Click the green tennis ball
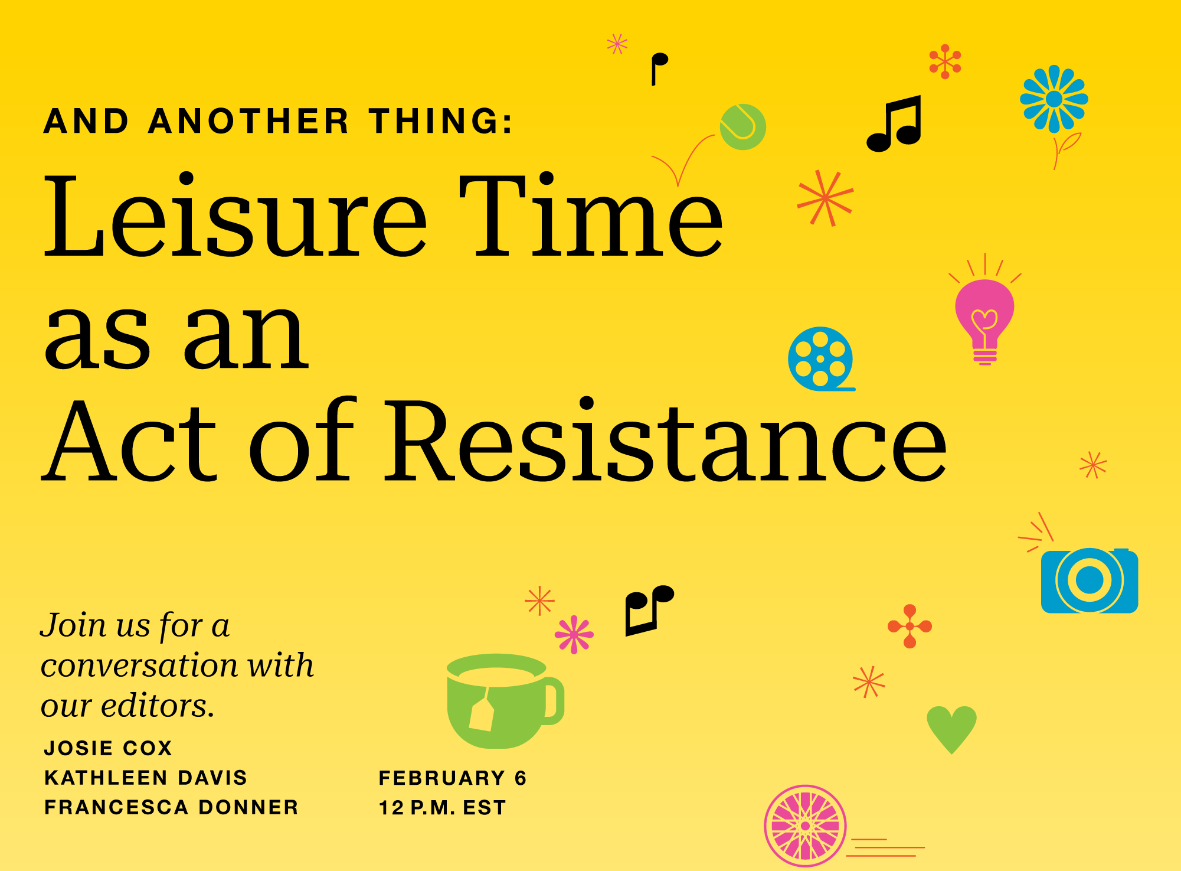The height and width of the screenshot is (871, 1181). coord(742,127)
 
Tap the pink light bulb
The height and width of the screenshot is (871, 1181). coord(984,313)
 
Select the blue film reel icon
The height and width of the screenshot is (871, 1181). coord(820,358)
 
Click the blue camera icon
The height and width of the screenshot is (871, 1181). coord(1089,581)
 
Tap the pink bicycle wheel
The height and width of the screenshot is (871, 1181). coord(805,826)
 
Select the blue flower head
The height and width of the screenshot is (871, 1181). coord(1054,99)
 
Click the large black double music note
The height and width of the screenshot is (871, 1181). coord(894,124)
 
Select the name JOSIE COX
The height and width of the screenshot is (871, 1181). coord(108,748)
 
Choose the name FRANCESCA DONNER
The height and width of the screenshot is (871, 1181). coord(171,807)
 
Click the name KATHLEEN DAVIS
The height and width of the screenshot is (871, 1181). coord(146,778)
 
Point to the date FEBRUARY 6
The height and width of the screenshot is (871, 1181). coord(452,778)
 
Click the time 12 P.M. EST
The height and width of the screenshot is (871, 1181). coord(442,808)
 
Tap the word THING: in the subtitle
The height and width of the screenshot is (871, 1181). coord(441,122)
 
